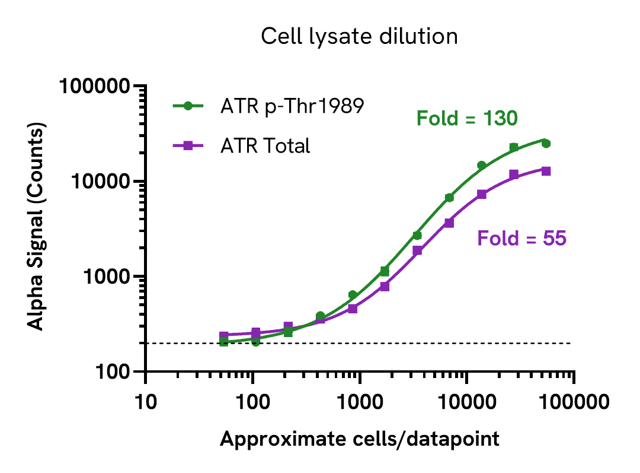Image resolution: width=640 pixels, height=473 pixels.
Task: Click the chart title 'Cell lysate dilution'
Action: click(359, 37)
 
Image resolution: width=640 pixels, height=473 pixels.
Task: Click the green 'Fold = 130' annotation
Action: click(467, 119)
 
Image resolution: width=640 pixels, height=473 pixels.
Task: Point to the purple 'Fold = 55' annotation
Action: click(521, 239)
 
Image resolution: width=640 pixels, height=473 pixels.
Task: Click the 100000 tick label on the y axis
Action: click(94, 87)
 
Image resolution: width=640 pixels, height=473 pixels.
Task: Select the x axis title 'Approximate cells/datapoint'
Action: click(359, 440)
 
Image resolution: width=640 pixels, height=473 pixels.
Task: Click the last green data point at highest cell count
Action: click(546, 144)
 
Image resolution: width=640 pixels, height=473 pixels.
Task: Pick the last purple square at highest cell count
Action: click(546, 171)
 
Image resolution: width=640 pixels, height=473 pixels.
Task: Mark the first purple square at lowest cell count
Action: click(224, 336)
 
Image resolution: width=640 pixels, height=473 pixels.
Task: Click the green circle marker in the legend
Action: click(188, 106)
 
